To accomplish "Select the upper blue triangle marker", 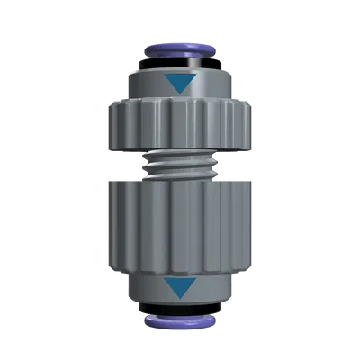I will [180, 85].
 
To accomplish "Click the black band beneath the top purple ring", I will [180, 66].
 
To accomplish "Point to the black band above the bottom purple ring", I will [180, 305].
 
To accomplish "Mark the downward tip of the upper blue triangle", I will [180, 94].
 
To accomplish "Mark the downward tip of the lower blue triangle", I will [180, 297].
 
